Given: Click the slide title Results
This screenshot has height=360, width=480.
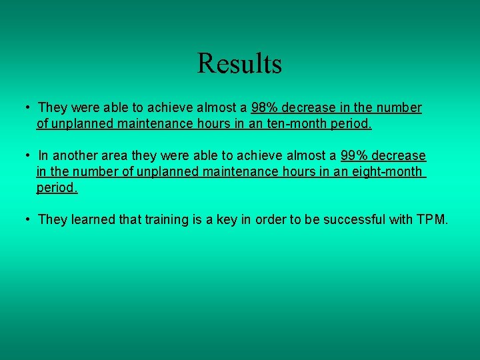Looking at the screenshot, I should (239, 64).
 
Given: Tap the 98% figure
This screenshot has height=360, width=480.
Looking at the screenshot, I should (265, 107).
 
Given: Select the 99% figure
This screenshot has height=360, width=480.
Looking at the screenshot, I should (354, 155).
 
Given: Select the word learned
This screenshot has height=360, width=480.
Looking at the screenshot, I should (92, 219).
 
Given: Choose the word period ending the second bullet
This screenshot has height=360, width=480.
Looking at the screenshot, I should (57, 187).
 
